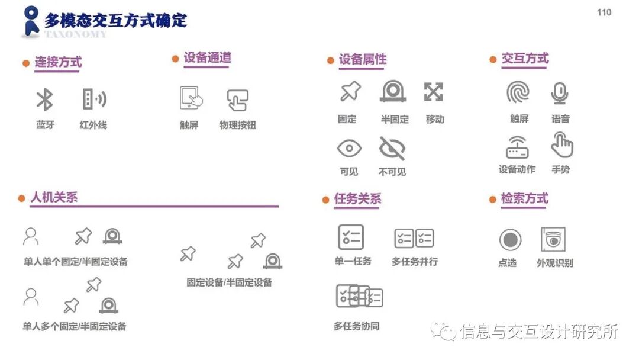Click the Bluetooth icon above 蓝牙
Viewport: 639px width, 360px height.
pos(45,99)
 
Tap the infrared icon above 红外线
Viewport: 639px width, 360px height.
pos(93,99)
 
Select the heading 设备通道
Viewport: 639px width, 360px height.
pos(207,58)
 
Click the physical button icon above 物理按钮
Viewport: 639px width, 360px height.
pos(237,99)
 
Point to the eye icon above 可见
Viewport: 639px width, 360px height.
pos(348,148)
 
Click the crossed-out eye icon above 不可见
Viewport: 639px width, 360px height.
pos(392,148)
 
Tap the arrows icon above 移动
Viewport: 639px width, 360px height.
pos(434,92)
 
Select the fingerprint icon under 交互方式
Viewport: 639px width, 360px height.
pos(518,92)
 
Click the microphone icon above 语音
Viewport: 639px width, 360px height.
pos(560,93)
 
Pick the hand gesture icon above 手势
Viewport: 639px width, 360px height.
pos(561,145)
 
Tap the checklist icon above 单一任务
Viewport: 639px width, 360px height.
pos(351,237)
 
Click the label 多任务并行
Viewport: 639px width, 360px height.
pos(415,261)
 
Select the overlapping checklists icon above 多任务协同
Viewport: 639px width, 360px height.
pos(359,296)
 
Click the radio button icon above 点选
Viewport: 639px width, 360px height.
pos(510,240)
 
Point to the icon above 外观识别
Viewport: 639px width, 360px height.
pos(553,240)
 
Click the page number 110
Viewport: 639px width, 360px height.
pos(604,12)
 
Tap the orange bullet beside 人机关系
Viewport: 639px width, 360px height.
pos(21,198)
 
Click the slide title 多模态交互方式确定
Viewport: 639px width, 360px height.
pos(115,20)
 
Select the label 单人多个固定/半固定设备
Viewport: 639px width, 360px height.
pos(75,326)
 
